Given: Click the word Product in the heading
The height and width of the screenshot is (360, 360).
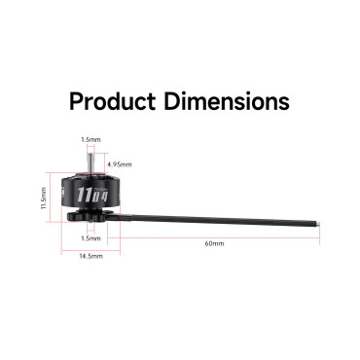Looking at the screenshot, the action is [x=113, y=101].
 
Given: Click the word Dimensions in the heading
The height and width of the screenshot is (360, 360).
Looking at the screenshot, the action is [x=227, y=101].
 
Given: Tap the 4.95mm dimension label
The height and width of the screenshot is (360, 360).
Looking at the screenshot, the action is [x=120, y=164].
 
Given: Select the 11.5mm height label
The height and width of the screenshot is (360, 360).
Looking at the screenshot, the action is [x=44, y=198].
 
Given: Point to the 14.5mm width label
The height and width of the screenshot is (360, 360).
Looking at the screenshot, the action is [x=90, y=256].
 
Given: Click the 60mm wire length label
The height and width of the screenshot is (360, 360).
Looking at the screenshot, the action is [x=214, y=243].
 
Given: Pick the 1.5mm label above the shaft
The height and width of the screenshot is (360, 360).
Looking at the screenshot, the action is [x=90, y=140].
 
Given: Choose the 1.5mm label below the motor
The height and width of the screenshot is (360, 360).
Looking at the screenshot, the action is [x=90, y=238].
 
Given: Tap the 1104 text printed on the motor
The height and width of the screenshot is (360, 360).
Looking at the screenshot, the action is [x=91, y=196].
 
